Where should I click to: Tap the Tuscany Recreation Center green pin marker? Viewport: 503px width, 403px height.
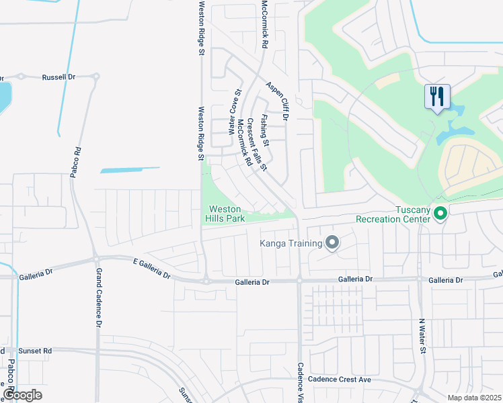(x=440, y=214)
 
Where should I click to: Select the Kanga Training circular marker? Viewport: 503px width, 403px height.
(x=332, y=242)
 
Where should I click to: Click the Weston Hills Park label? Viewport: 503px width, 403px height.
(x=224, y=214)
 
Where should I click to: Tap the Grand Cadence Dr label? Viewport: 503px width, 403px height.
(x=98, y=298)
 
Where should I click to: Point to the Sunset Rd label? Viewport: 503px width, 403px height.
(x=37, y=351)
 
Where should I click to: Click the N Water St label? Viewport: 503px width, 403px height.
(x=422, y=336)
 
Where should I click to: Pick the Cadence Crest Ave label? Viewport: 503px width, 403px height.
(x=340, y=379)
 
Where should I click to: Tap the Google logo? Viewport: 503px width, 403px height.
(x=22, y=395)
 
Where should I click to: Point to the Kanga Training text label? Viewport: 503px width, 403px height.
(x=291, y=242)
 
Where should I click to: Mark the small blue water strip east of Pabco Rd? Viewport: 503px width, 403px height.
(x=130, y=170)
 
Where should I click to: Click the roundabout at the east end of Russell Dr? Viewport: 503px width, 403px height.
(x=96, y=77)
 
